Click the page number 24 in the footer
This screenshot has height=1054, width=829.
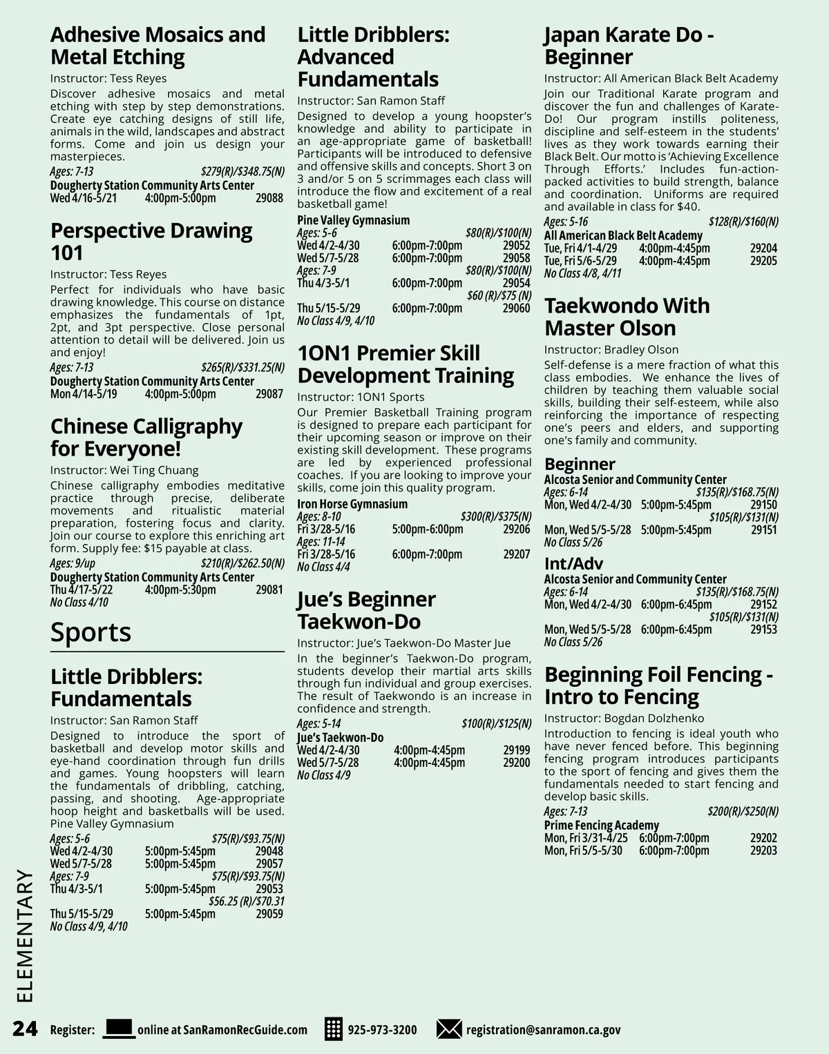25,1028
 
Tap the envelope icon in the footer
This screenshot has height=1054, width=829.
448,1028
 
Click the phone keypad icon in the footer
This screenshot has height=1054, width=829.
334,1028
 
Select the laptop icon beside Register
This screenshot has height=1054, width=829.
118,1028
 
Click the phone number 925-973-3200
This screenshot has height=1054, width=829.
382,1030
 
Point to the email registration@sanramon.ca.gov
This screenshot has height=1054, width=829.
543,1030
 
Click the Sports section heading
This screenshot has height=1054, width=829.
90,632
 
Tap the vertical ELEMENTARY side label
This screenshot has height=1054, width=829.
24,935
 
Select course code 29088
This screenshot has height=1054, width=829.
269,198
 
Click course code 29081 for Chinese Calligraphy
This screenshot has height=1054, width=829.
269,589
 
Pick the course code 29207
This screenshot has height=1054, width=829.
517,554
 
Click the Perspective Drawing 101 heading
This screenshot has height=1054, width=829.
151,241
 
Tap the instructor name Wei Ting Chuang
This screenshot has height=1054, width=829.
154,470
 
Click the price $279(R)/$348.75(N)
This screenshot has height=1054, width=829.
242,172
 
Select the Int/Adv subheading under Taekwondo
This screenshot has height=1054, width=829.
573,563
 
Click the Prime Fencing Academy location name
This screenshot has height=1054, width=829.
601,825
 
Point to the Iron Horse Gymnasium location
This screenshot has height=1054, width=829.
352,504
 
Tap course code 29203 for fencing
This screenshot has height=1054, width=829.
763,850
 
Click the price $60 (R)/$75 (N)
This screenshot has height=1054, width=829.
499,295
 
